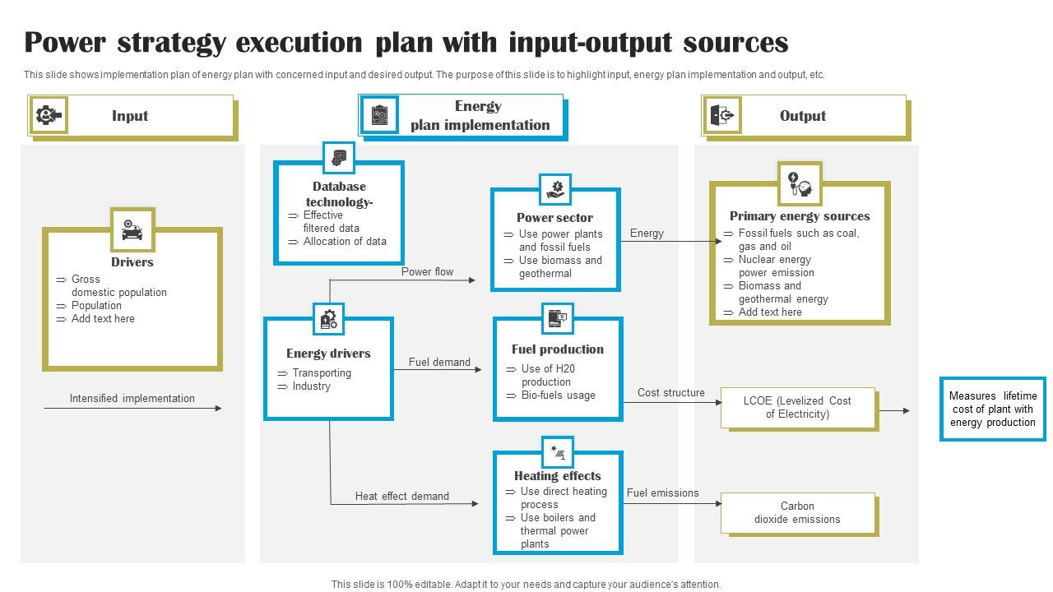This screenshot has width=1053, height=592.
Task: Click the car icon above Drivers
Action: [x=132, y=229]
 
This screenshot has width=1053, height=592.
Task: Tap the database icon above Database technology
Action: [x=338, y=157]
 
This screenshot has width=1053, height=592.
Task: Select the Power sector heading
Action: [x=554, y=218]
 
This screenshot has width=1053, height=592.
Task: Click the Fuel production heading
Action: [x=558, y=349]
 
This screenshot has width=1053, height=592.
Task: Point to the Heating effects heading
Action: [x=558, y=476]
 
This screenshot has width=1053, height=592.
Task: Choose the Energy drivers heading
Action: [x=328, y=354]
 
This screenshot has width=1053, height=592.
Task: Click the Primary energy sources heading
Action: [x=800, y=216]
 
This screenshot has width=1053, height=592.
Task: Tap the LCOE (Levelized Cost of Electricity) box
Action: [x=798, y=408]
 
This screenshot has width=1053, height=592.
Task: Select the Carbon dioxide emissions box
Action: [x=797, y=513]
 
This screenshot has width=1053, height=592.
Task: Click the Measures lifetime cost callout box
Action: [x=993, y=409]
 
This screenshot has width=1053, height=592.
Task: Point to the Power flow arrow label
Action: [x=427, y=272]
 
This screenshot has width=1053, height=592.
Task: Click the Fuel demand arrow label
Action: [x=439, y=363]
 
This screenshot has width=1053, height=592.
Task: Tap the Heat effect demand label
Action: [x=402, y=497]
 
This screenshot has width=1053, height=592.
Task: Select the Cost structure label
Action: [x=670, y=393]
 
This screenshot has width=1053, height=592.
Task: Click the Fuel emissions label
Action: [x=662, y=493]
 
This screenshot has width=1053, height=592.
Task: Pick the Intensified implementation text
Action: [x=132, y=399]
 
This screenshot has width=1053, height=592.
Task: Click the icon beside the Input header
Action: [x=48, y=116]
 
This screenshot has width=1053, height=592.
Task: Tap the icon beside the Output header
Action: [x=722, y=116]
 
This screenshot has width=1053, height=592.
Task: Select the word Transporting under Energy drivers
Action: [x=322, y=373]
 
